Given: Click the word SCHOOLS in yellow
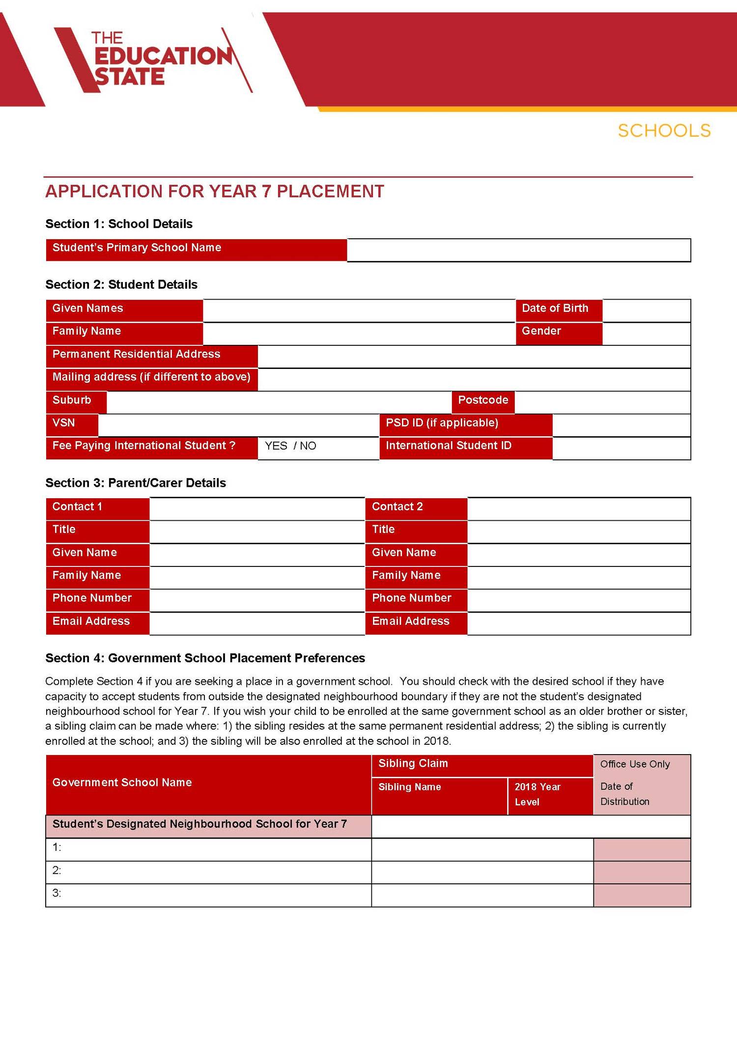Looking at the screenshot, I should click(x=664, y=131).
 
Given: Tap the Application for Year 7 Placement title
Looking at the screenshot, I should click(x=215, y=191).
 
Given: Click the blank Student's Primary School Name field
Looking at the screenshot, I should click(x=518, y=250).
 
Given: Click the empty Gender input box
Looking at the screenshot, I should click(x=646, y=334).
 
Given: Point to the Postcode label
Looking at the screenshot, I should click(x=483, y=400).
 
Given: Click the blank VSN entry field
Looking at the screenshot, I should click(x=238, y=425).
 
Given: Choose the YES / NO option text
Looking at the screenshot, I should click(x=290, y=446).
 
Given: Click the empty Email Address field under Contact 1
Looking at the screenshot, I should click(x=256, y=623).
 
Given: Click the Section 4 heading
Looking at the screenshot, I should click(x=205, y=658).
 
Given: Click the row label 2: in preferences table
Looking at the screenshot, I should click(x=57, y=871).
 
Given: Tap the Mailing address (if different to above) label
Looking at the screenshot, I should click(x=151, y=377).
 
